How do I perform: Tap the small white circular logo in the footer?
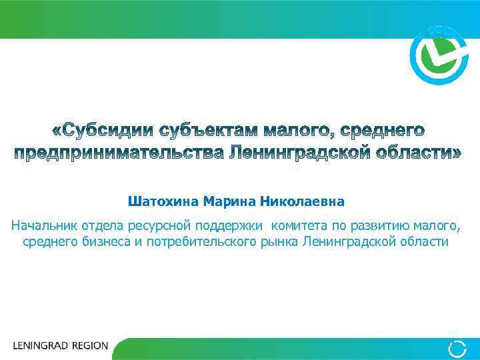coord(457,348)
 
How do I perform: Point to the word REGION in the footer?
coord(87,346)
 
